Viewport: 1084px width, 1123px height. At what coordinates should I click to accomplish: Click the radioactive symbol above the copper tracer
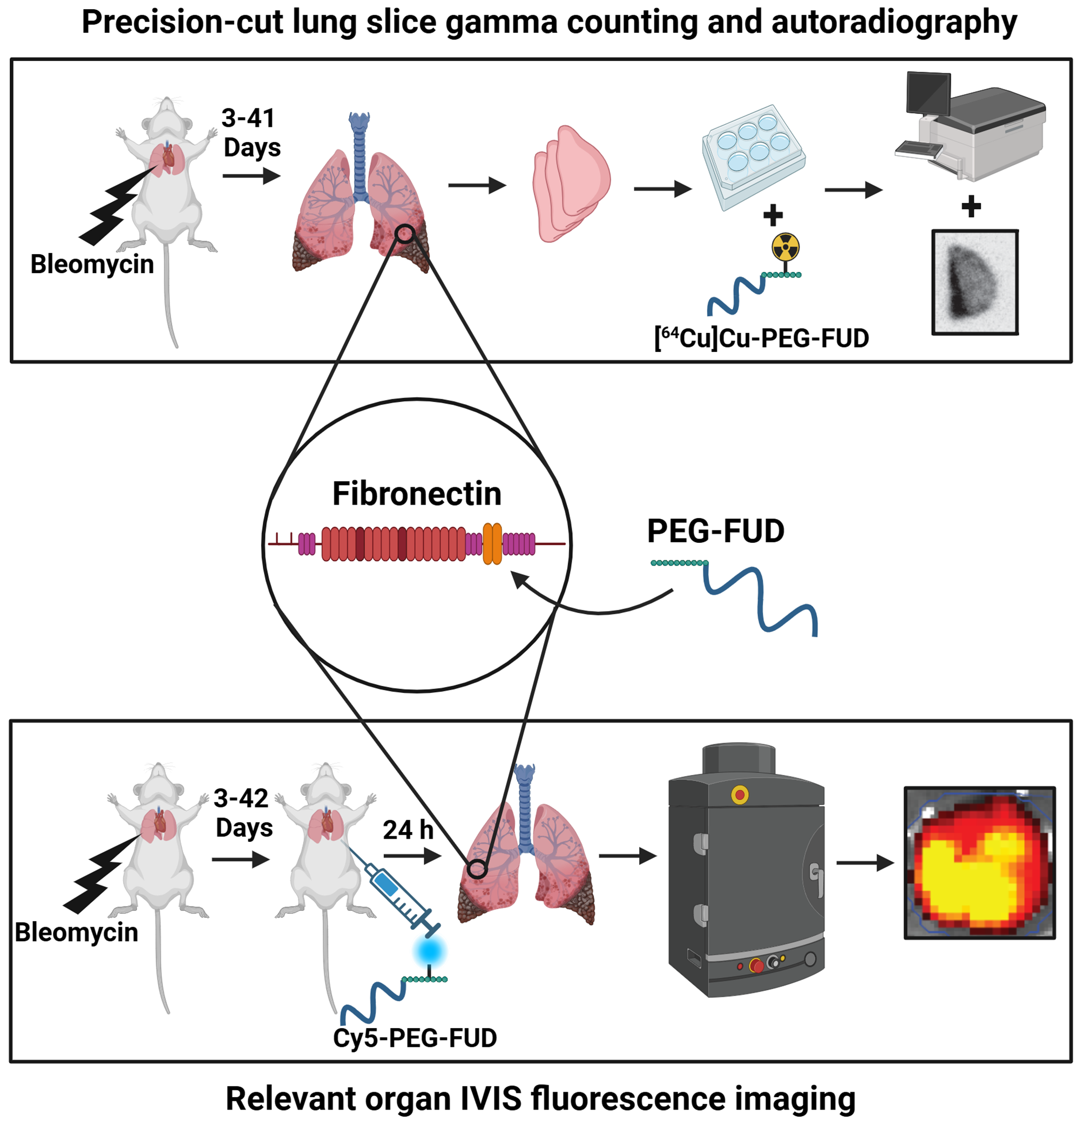(x=785, y=247)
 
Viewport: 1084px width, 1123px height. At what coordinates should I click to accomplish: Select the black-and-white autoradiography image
(x=974, y=282)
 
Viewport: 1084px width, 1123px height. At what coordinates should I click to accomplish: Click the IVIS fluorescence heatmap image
(x=979, y=863)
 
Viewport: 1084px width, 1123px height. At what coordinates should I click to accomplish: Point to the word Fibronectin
(x=417, y=494)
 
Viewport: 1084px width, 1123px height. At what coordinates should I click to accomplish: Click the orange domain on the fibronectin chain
(x=492, y=544)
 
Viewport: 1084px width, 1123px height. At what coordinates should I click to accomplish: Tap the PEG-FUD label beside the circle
(x=715, y=531)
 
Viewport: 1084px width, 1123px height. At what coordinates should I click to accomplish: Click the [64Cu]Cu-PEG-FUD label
(x=761, y=338)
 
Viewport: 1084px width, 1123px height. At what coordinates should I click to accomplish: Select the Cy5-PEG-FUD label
(x=415, y=1038)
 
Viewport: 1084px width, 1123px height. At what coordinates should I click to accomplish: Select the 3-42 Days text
(x=243, y=813)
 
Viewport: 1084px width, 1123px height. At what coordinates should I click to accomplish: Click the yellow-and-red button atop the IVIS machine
(x=740, y=795)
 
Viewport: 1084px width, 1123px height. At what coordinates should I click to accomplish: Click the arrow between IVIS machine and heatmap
(x=864, y=862)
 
